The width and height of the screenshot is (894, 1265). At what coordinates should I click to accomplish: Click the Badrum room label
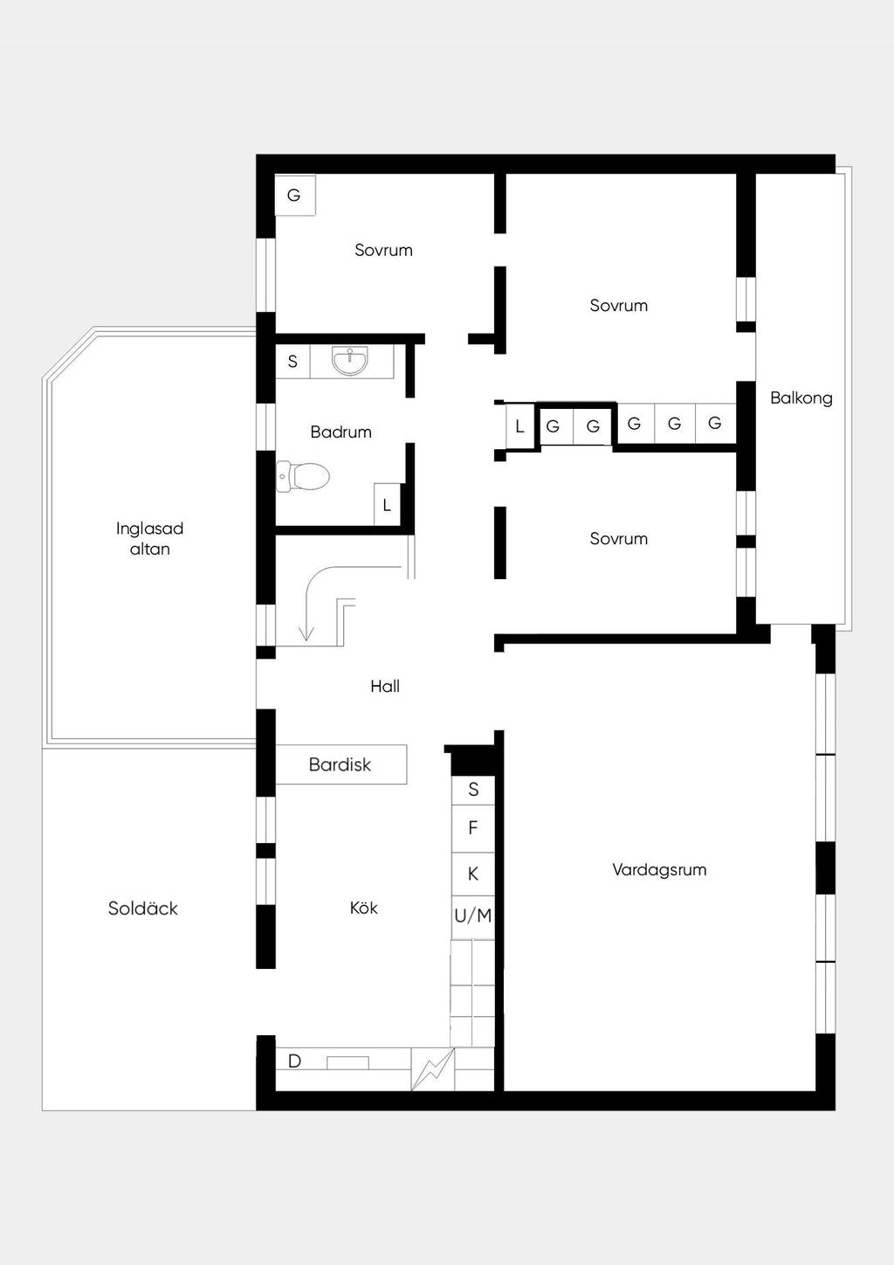(340, 432)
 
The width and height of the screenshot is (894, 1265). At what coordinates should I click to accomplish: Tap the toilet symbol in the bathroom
(303, 477)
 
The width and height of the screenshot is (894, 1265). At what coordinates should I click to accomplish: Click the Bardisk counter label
(340, 764)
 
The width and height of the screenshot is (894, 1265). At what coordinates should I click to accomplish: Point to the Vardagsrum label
(659, 870)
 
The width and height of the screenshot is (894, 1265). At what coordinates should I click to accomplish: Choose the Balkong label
(801, 398)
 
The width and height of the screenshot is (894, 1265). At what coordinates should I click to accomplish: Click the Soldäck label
(143, 908)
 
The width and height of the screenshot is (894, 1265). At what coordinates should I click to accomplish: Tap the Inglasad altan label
(149, 538)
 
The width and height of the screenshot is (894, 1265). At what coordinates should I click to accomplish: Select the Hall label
(385, 686)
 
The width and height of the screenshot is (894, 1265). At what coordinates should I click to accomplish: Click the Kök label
(363, 908)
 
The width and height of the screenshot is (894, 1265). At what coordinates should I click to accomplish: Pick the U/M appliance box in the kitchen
(473, 916)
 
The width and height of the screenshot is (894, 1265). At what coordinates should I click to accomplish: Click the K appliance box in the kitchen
(473, 874)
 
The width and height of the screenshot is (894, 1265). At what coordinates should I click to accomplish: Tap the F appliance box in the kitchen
(473, 828)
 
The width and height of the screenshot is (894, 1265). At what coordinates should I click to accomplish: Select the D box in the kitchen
(294, 1061)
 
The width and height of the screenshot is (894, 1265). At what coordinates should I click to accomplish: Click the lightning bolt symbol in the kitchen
(432, 1069)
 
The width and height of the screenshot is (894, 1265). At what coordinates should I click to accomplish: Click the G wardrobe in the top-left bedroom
(294, 195)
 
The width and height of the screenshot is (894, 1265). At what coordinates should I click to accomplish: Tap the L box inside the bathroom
(387, 504)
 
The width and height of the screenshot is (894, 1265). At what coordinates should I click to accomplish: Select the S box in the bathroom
(292, 362)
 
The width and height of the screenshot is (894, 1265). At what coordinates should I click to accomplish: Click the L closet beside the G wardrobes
(519, 426)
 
